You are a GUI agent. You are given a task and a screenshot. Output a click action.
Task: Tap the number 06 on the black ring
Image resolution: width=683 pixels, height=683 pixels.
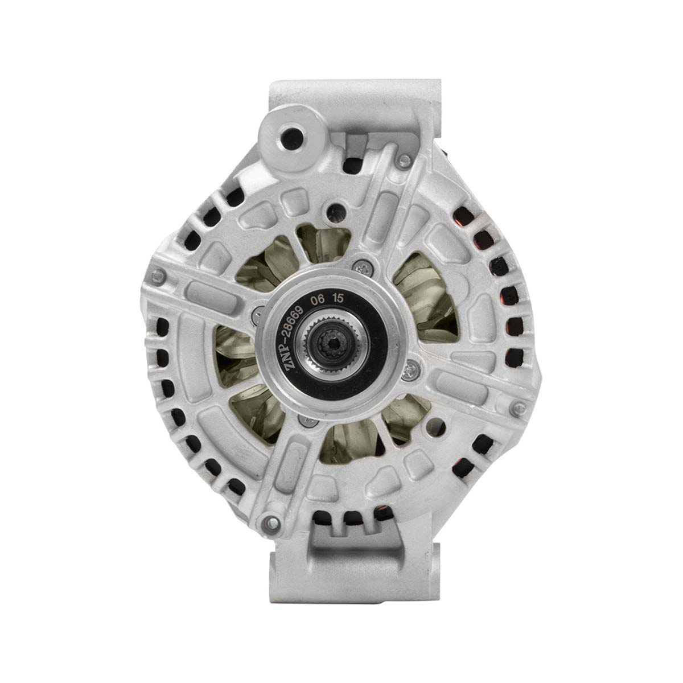pyautogui.click(x=317, y=300)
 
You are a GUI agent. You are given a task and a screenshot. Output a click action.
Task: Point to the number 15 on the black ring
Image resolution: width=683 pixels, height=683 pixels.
pyautogui.click(x=338, y=298)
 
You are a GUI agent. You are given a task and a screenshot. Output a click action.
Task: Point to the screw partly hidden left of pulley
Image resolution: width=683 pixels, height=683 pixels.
pyautogui.click(x=258, y=315)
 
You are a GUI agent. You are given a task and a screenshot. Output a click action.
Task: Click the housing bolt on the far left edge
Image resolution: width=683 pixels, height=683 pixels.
pyautogui.click(x=158, y=276)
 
